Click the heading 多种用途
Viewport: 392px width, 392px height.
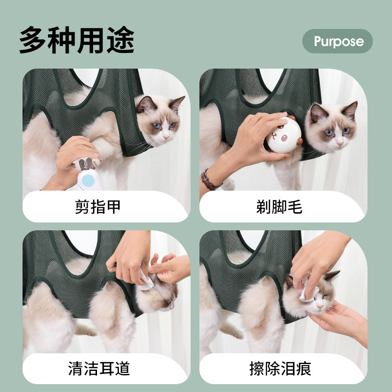pos(77,40)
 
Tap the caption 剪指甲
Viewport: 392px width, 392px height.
pos(98,207)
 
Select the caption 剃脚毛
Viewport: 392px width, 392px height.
pos(279,207)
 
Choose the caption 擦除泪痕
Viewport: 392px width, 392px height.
pos(279,368)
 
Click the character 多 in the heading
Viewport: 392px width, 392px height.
pos(34,40)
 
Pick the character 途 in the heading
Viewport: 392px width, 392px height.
pos(120,40)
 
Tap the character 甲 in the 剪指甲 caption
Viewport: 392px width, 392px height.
pos(113,207)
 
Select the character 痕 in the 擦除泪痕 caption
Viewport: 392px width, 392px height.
pos(303,368)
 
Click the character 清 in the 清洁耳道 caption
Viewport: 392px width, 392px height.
pos(75,368)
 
